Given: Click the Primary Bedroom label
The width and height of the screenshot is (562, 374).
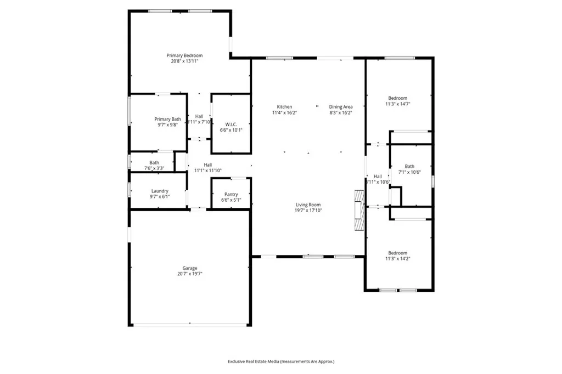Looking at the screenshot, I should coord(184,55).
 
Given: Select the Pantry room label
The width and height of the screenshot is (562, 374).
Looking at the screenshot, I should coord(231,194).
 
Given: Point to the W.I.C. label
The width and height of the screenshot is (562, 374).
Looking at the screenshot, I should coord(231,123).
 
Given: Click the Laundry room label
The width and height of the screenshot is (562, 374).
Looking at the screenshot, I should coord(160,191).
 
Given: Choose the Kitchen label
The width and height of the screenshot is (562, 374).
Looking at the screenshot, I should coord(284,106).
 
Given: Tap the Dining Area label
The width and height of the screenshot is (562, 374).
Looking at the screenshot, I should coord(340,106).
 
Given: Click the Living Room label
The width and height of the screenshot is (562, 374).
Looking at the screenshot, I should coord(308,205).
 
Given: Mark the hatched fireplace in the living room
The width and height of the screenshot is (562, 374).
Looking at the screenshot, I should coord(359,211).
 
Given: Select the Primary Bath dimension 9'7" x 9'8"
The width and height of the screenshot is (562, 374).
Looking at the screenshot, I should coord(167,125).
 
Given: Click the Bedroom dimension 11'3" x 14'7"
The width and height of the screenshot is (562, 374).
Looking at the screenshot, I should coord(398,104).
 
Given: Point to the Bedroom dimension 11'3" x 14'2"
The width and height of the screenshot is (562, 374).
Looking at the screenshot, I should coord(398,258).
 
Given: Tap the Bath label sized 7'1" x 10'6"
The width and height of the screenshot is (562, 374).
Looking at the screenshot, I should coord(409,166).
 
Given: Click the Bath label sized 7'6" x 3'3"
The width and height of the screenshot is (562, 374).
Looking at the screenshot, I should coord(154,162).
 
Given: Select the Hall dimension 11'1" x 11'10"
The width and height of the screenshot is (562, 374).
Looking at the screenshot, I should coord(207,171).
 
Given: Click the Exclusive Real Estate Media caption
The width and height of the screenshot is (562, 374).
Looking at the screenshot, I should coord(281,361).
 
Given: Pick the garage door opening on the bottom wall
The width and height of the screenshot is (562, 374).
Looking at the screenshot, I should coord(189,325).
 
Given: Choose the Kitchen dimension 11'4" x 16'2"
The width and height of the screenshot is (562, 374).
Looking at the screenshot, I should coord(284,112).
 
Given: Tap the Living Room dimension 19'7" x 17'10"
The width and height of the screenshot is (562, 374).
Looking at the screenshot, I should coord(308,210).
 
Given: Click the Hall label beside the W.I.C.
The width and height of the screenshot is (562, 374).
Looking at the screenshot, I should coord(199,116).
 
